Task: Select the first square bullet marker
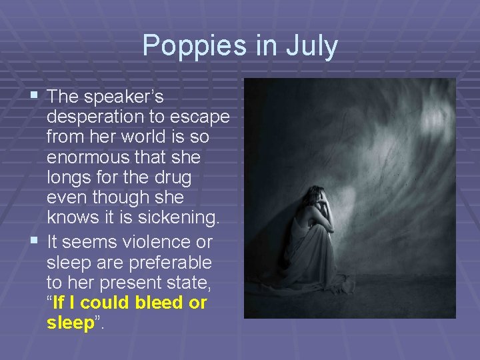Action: coord(34,97)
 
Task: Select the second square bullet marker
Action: coord(34,241)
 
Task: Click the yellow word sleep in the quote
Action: coord(70,323)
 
